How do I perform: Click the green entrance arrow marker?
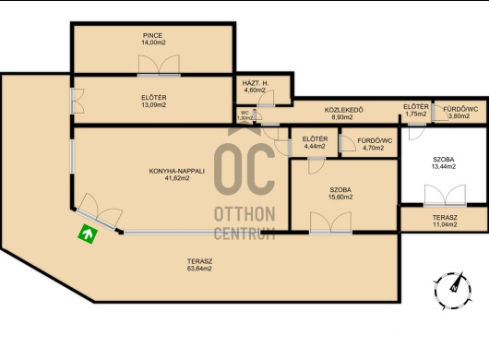88,234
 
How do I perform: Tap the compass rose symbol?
452,291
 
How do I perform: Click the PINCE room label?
152,36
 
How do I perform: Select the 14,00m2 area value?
153,42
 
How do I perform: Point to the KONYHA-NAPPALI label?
176,171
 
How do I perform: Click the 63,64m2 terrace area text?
199,269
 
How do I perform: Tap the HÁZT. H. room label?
256,83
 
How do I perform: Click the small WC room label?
244,113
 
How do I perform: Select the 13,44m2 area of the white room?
444,166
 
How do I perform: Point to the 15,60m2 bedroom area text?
340,197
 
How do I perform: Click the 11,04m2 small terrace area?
445,224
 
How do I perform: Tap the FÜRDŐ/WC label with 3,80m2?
460,109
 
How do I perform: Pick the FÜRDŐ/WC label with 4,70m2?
375,140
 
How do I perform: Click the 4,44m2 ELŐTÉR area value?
315,146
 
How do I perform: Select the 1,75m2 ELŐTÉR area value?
416,114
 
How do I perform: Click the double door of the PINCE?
159,66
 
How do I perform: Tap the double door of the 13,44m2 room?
445,196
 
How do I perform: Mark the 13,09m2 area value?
154,105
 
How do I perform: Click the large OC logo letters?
244,170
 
